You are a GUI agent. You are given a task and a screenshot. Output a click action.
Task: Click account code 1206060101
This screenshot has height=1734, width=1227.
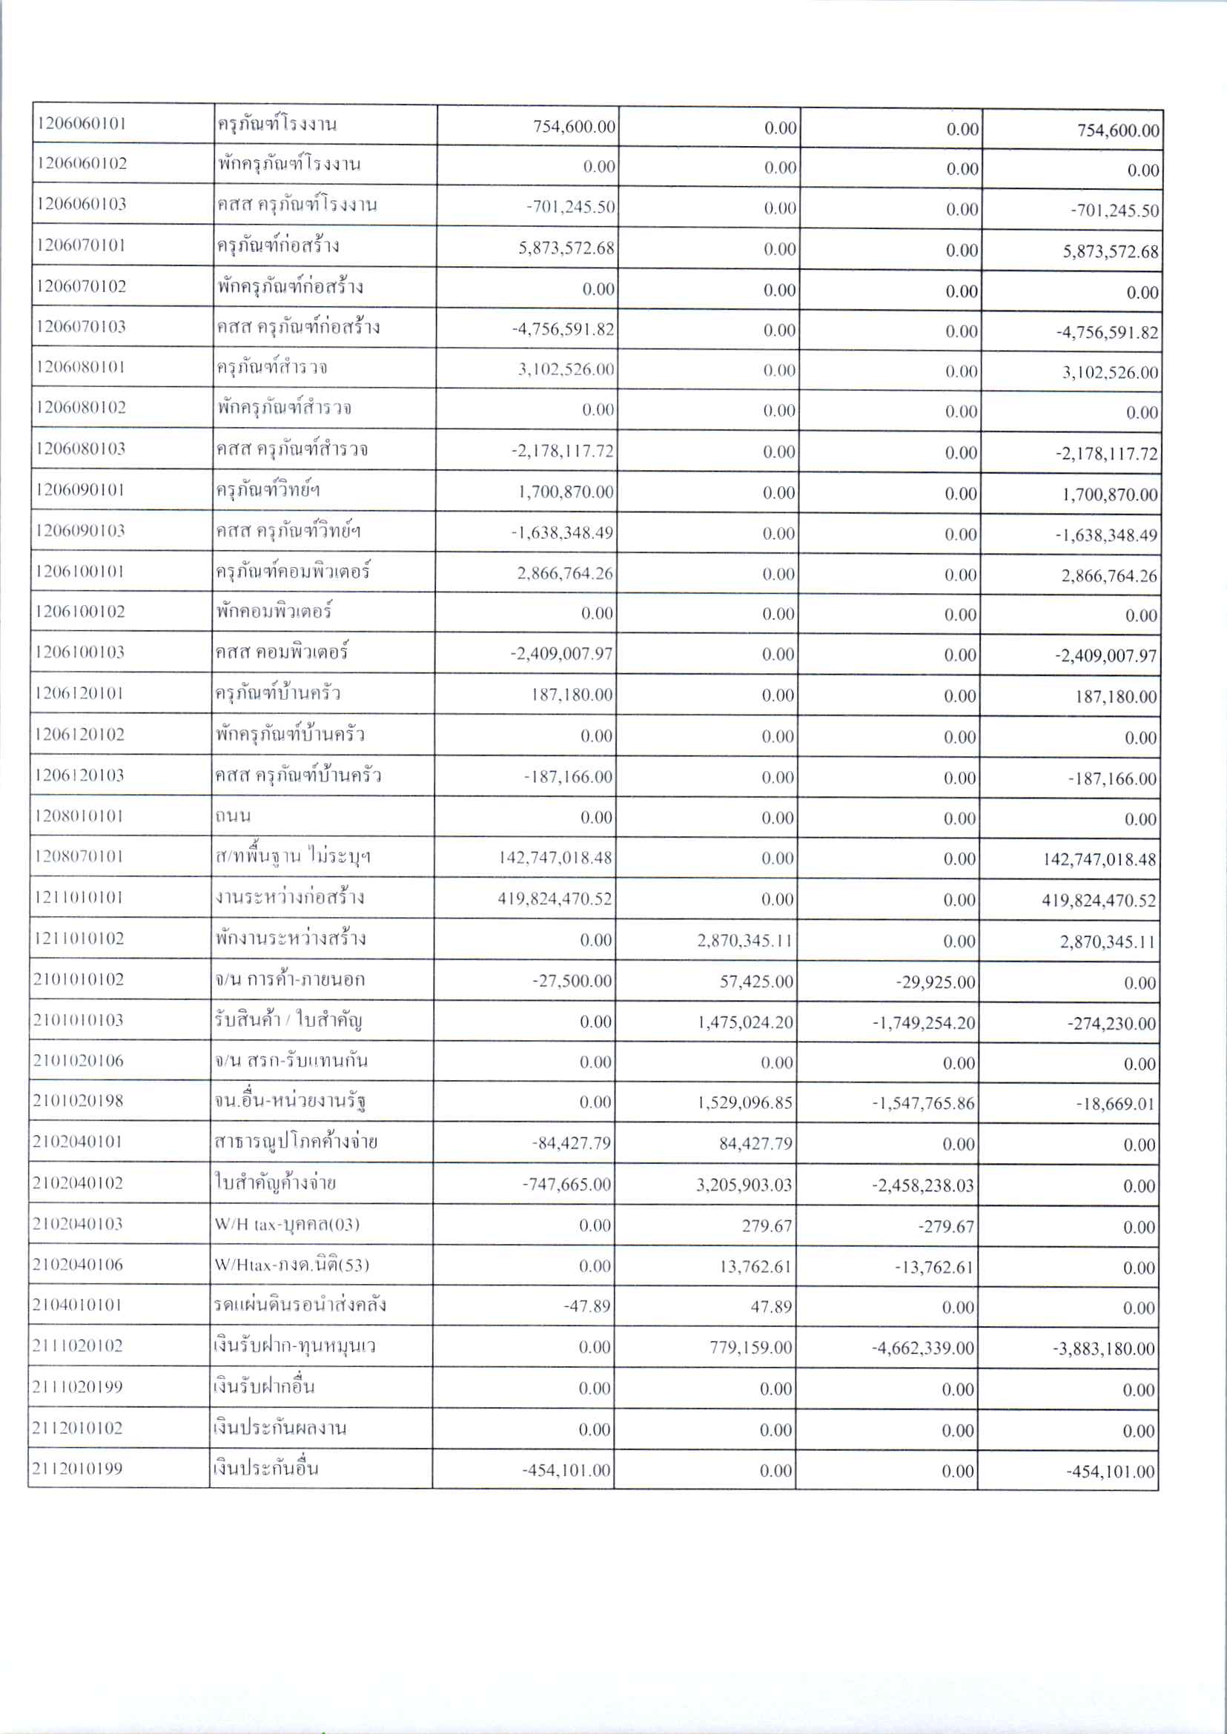point(81,124)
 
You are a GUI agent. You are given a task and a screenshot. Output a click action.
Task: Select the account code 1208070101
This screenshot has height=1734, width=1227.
point(79,856)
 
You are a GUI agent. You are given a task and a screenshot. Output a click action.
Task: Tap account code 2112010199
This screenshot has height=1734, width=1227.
point(78,1469)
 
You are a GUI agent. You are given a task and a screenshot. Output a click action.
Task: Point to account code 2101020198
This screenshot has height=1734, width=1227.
point(78,1101)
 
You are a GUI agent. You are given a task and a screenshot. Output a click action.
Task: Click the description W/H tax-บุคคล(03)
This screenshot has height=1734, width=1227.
point(286,1224)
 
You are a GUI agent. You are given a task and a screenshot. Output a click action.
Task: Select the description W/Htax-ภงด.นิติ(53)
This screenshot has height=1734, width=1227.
point(291,1265)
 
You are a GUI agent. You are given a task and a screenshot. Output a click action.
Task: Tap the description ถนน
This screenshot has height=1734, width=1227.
point(233,816)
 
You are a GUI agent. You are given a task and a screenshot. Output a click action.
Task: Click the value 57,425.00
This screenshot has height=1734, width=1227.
point(756,982)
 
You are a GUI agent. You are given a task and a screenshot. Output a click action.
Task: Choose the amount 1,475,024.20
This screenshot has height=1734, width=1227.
point(745,1022)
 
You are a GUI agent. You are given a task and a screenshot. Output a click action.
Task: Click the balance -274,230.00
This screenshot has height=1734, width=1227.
point(1111,1024)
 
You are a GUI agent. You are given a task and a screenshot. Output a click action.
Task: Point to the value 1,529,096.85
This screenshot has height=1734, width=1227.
point(745,1103)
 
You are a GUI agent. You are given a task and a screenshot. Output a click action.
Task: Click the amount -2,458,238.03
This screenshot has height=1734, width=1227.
point(923,1185)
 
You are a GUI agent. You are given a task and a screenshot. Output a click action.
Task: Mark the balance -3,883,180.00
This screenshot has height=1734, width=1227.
point(1104,1349)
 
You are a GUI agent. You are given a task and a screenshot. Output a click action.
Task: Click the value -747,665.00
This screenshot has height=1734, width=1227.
point(566,1184)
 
